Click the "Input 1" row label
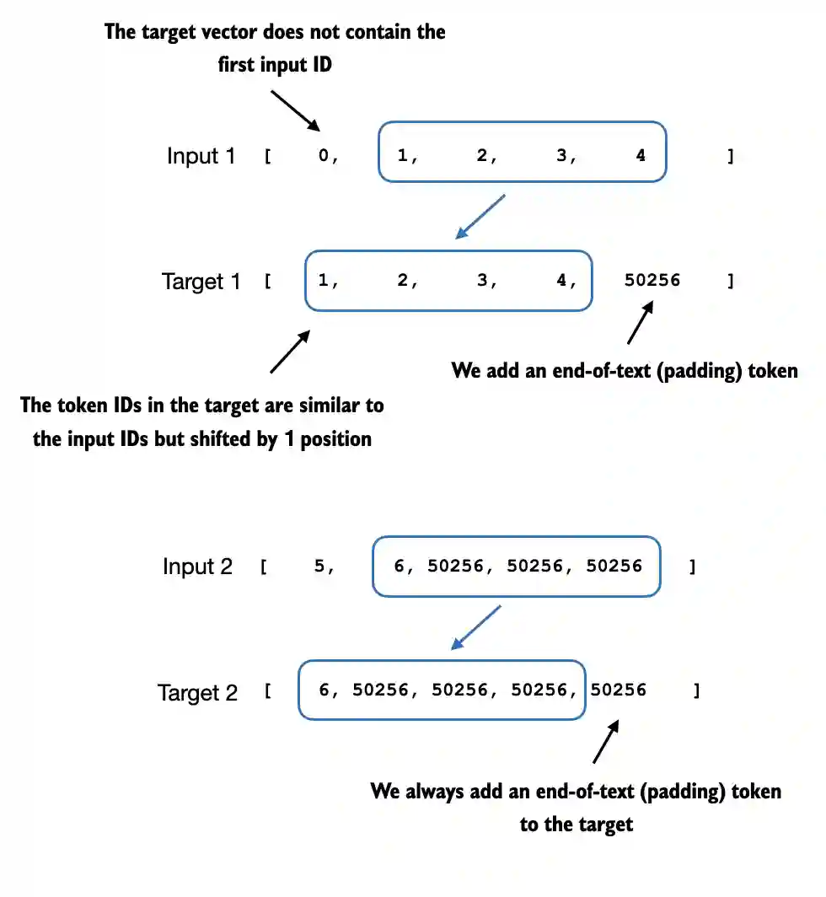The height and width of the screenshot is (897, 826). point(201,156)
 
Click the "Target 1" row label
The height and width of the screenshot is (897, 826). point(201,282)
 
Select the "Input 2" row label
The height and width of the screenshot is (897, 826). point(197,567)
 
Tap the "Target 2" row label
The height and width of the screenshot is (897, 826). point(197,693)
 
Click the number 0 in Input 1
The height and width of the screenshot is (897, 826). point(324,156)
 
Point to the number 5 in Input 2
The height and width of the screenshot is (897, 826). point(320,567)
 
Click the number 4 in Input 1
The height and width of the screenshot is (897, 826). point(641,155)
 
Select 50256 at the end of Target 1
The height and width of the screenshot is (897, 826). point(652,281)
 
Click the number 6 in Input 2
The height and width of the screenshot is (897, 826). point(399,567)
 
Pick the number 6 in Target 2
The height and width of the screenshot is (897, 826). point(324,690)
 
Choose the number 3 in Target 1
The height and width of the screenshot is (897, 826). point(483,281)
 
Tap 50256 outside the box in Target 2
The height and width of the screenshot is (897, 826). point(619,690)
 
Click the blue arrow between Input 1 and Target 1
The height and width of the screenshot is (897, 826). point(480,216)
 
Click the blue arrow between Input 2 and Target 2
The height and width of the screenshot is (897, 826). point(476,627)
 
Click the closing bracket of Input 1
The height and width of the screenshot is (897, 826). point(730,156)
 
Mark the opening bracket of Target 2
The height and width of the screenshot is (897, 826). point(267,692)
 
